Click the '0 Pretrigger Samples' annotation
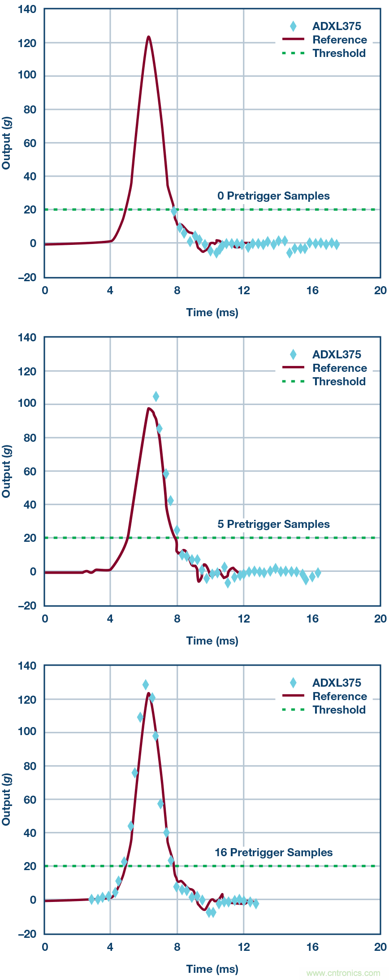273,196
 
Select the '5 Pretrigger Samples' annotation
273,524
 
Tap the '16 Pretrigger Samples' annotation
273,853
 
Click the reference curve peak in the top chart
148,37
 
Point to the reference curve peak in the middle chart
149,409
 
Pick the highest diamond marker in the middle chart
156,396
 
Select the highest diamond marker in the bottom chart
146,685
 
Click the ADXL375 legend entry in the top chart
336,26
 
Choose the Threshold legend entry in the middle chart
339,382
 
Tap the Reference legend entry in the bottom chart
339,697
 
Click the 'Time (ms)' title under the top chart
212,313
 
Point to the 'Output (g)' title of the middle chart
6,471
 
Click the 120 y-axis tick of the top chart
27,43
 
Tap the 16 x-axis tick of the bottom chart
312,947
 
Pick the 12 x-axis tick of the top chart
244,290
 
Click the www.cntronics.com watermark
343,973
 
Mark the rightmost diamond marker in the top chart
336,244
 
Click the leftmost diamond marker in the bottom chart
91,899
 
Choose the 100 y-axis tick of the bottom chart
27,732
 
